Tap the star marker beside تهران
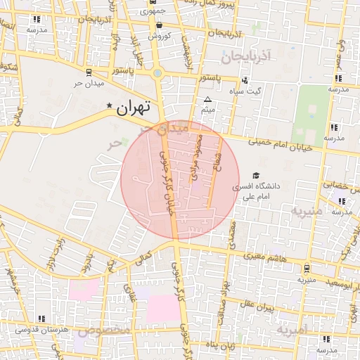[x=109, y=106]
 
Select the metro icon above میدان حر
[x=88, y=72]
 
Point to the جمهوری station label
[x=153, y=11]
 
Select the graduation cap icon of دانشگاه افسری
[x=255, y=175]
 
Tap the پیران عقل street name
[x=257, y=305]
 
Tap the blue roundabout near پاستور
[x=157, y=72]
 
